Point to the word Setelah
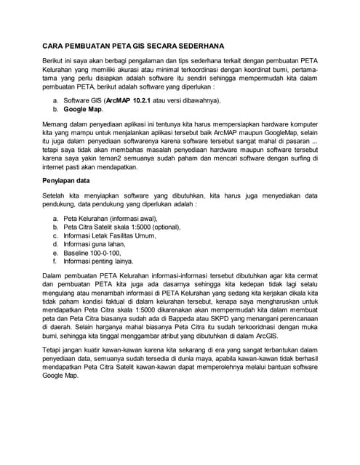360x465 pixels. tap(57, 196)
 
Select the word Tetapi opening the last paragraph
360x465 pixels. tap(55, 350)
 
